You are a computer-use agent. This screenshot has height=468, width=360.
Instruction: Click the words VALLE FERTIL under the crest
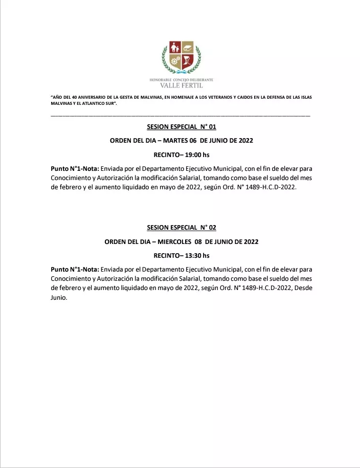tap(182, 86)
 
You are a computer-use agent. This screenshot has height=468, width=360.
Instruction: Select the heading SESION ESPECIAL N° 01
tap(182, 126)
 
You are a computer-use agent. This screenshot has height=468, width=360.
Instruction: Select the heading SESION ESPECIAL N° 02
tap(182, 228)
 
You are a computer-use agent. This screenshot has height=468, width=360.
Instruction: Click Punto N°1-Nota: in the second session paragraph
tap(75, 269)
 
